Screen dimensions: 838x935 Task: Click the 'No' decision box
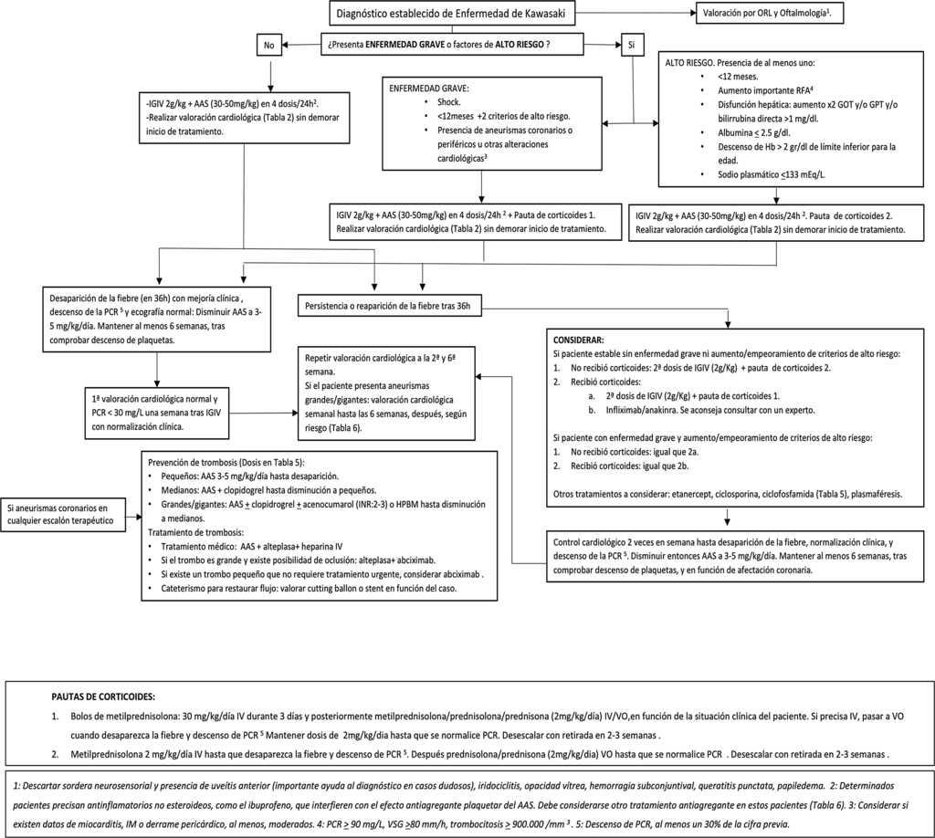[x=269, y=44]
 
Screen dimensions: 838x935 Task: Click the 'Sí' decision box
[x=631, y=44]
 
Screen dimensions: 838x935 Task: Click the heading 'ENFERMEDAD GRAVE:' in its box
[x=428, y=89]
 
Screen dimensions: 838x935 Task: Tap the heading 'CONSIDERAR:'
[x=579, y=338]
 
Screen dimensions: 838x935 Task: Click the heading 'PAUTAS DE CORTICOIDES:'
[x=103, y=697]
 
